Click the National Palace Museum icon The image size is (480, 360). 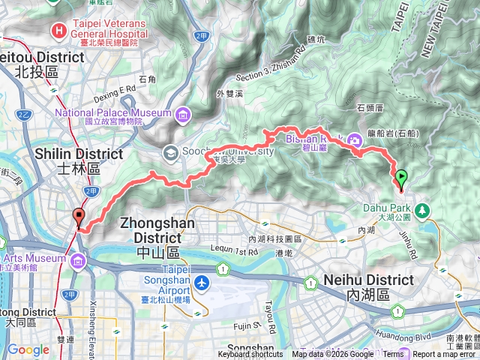click(182, 115)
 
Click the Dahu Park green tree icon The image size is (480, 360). click(423, 209)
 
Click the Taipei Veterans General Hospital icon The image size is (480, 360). click(58, 31)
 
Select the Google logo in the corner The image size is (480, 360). click(28, 349)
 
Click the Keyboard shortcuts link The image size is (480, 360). click(250, 355)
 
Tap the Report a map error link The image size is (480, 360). click(445, 355)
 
